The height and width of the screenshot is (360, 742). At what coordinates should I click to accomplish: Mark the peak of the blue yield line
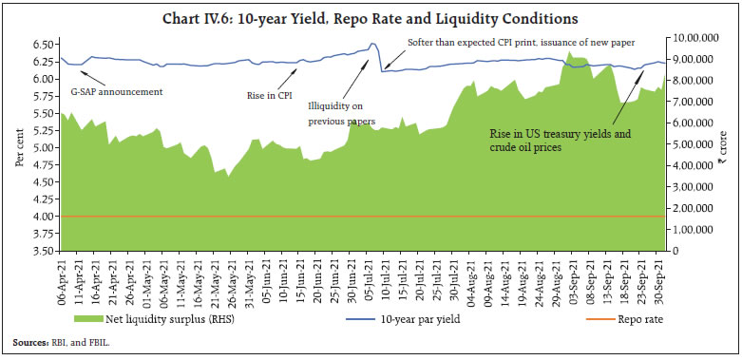[x=373, y=43]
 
